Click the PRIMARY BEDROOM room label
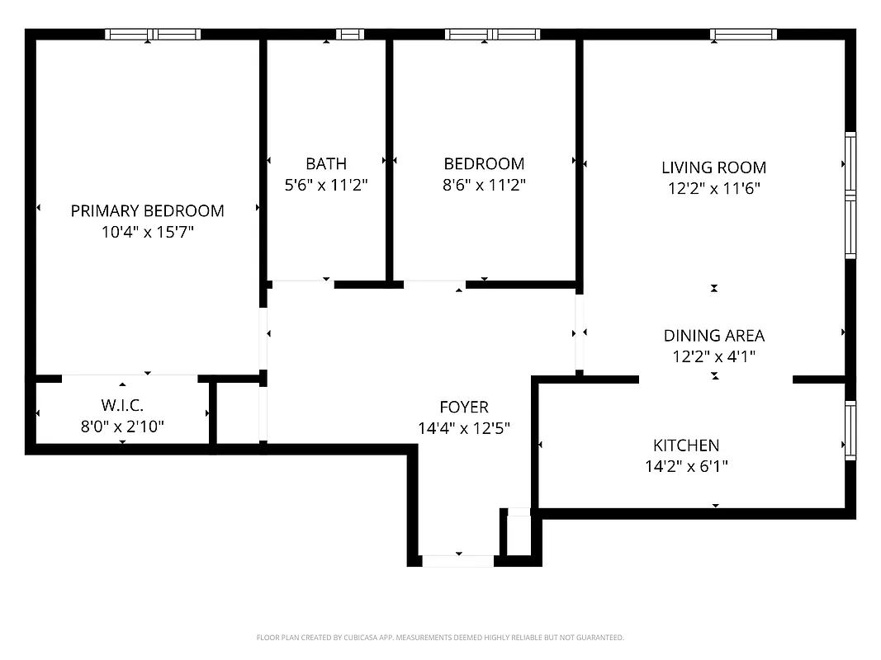[x=147, y=211]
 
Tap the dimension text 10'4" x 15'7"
[x=147, y=233]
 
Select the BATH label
[x=326, y=163]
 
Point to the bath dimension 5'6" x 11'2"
[x=326, y=185]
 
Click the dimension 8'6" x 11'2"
[x=484, y=185]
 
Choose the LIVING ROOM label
[x=713, y=167]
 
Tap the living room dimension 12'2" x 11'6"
[x=713, y=189]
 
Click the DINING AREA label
[x=713, y=336]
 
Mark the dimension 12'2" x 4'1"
[x=713, y=357]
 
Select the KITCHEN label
[x=685, y=445]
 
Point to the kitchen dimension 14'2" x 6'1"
[x=685, y=467]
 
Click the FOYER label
[x=463, y=407]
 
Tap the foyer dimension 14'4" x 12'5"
[x=463, y=428]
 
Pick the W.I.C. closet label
[x=122, y=405]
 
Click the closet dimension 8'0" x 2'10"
[x=122, y=427]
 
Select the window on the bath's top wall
[x=350, y=34]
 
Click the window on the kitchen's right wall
[x=850, y=430]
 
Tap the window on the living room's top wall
[x=743, y=34]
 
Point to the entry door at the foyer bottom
[x=458, y=561]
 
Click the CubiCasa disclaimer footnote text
[x=440, y=638]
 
